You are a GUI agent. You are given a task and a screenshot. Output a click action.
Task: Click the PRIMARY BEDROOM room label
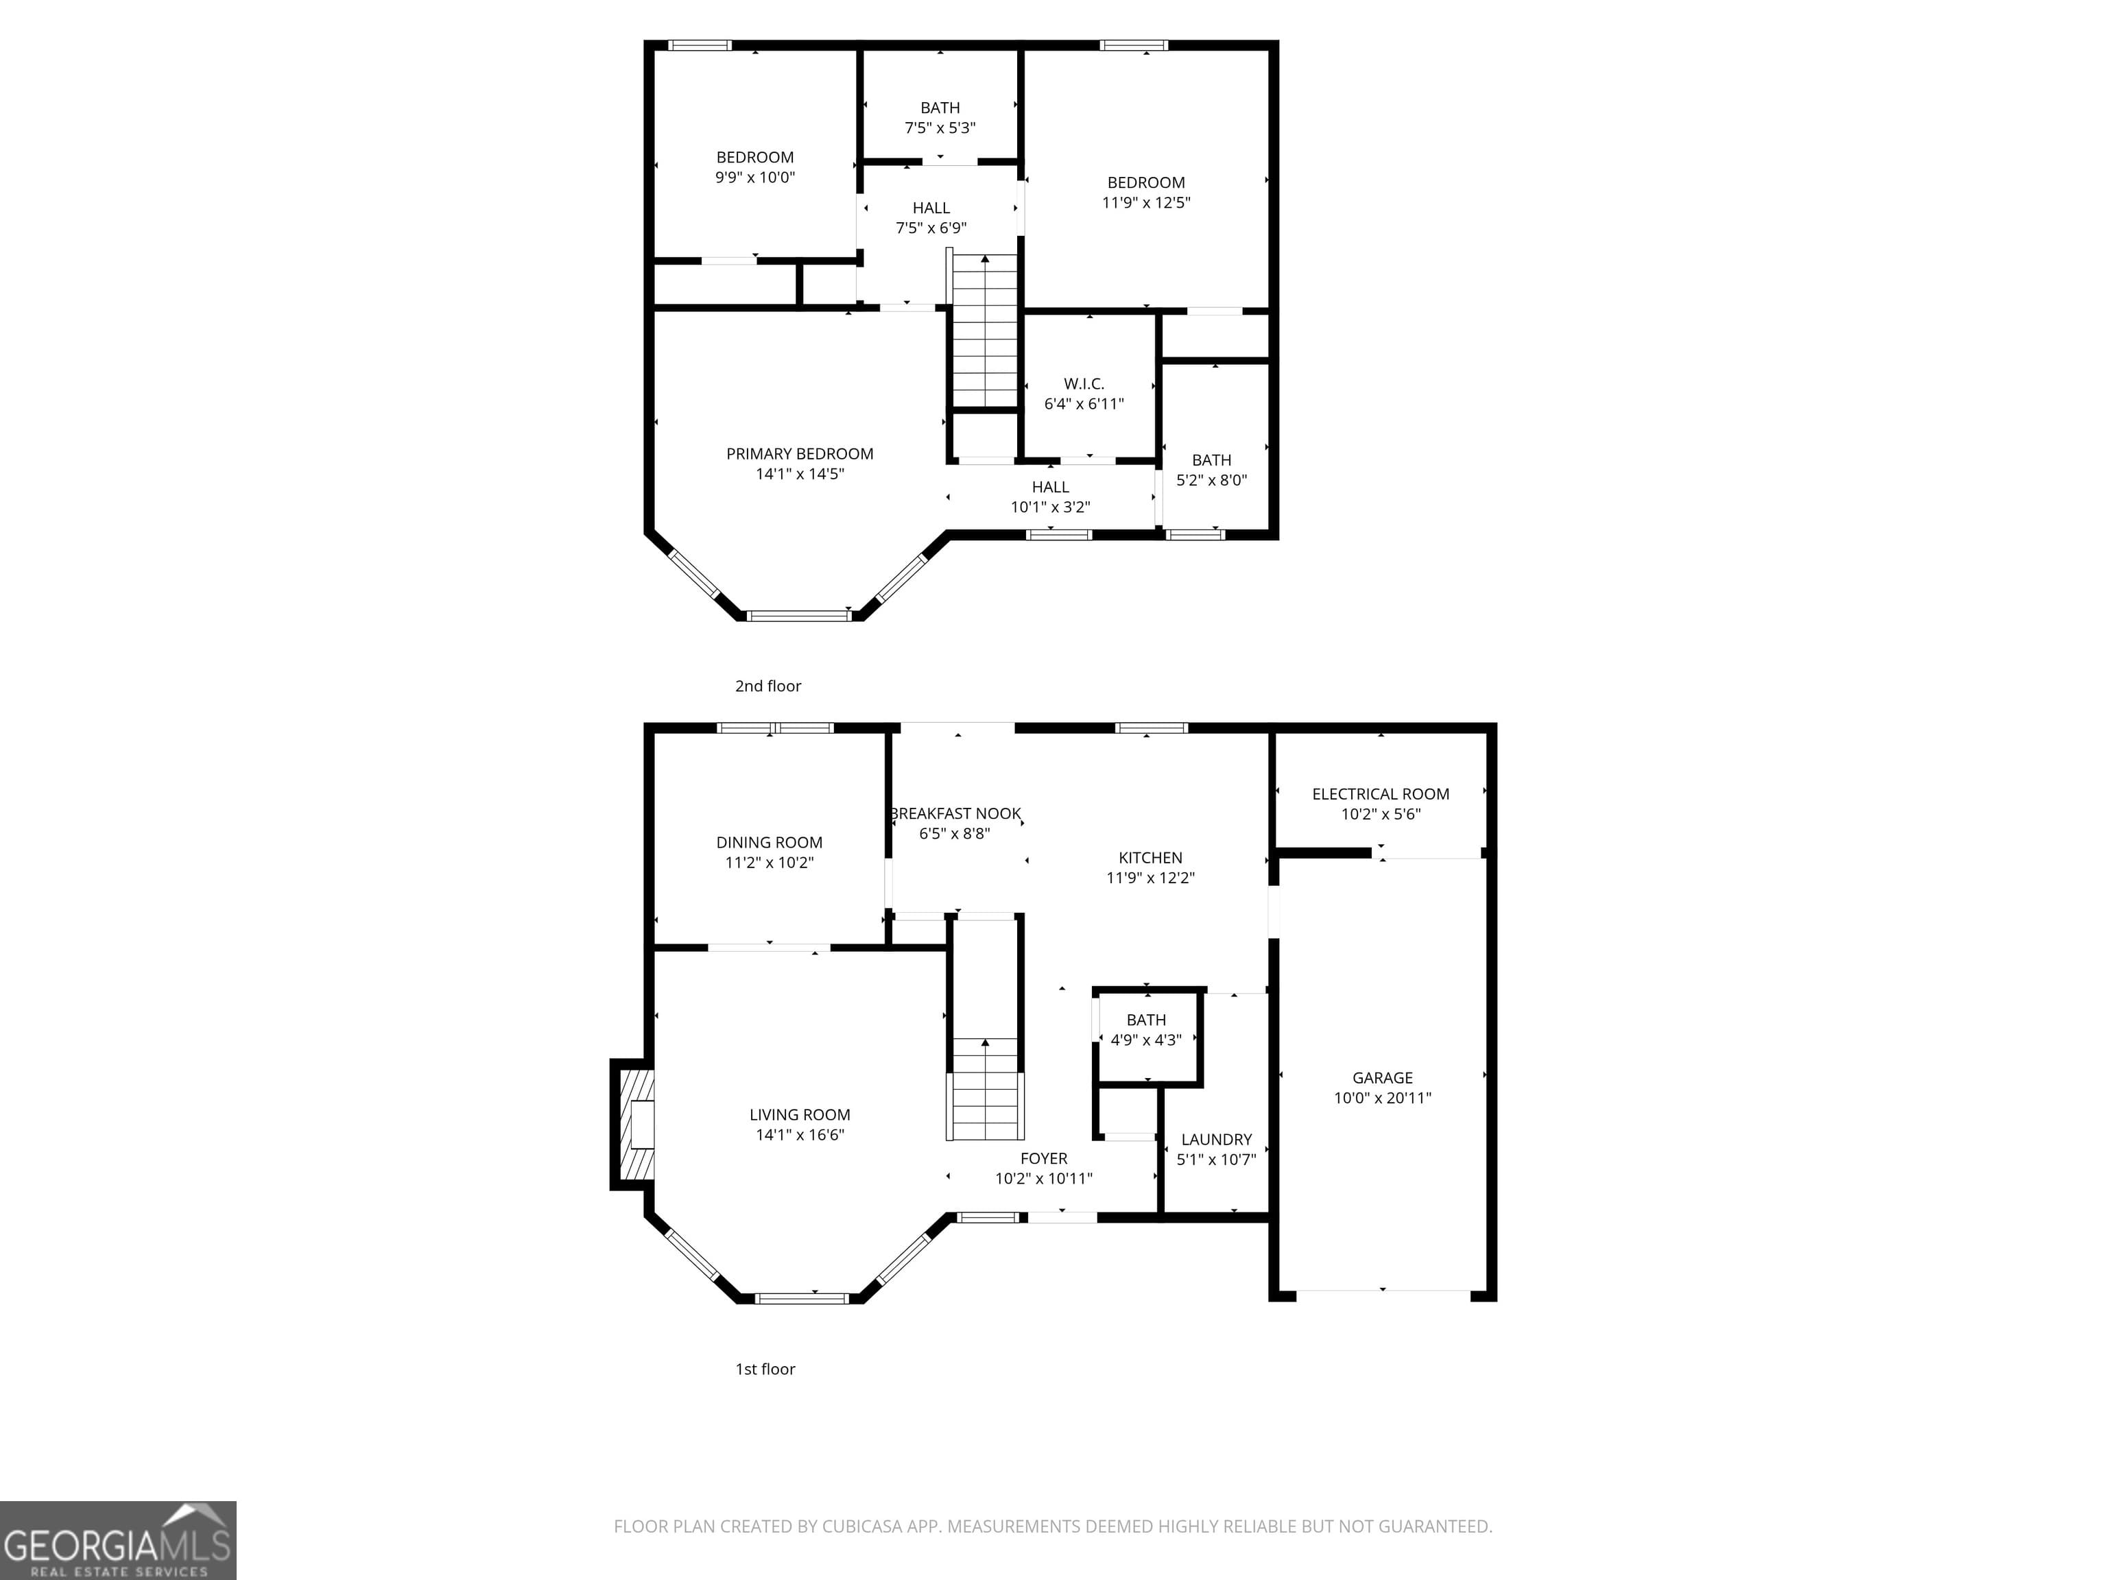pyautogui.click(x=799, y=453)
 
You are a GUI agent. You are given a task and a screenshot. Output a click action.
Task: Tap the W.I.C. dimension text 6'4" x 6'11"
pyautogui.click(x=1084, y=404)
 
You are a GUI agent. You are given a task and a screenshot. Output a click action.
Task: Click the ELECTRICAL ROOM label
pyautogui.click(x=1380, y=793)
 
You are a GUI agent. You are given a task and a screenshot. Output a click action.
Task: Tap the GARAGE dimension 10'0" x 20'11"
pyautogui.click(x=1382, y=1097)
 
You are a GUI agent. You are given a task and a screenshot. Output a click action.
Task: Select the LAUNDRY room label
pyautogui.click(x=1216, y=1139)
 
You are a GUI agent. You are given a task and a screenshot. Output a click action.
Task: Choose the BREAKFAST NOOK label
pyautogui.click(x=955, y=813)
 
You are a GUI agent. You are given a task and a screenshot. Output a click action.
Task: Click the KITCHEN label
pyautogui.click(x=1150, y=857)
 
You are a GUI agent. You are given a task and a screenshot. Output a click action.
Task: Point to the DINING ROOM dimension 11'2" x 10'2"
pyautogui.click(x=769, y=863)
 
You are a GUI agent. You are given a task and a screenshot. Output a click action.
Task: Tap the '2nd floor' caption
pyautogui.click(x=767, y=686)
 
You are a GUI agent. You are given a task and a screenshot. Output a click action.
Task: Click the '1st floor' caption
pyautogui.click(x=765, y=1369)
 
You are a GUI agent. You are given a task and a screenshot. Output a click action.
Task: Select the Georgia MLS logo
pyautogui.click(x=117, y=1540)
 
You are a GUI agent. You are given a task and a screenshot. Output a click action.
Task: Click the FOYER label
pyautogui.click(x=1043, y=1158)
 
